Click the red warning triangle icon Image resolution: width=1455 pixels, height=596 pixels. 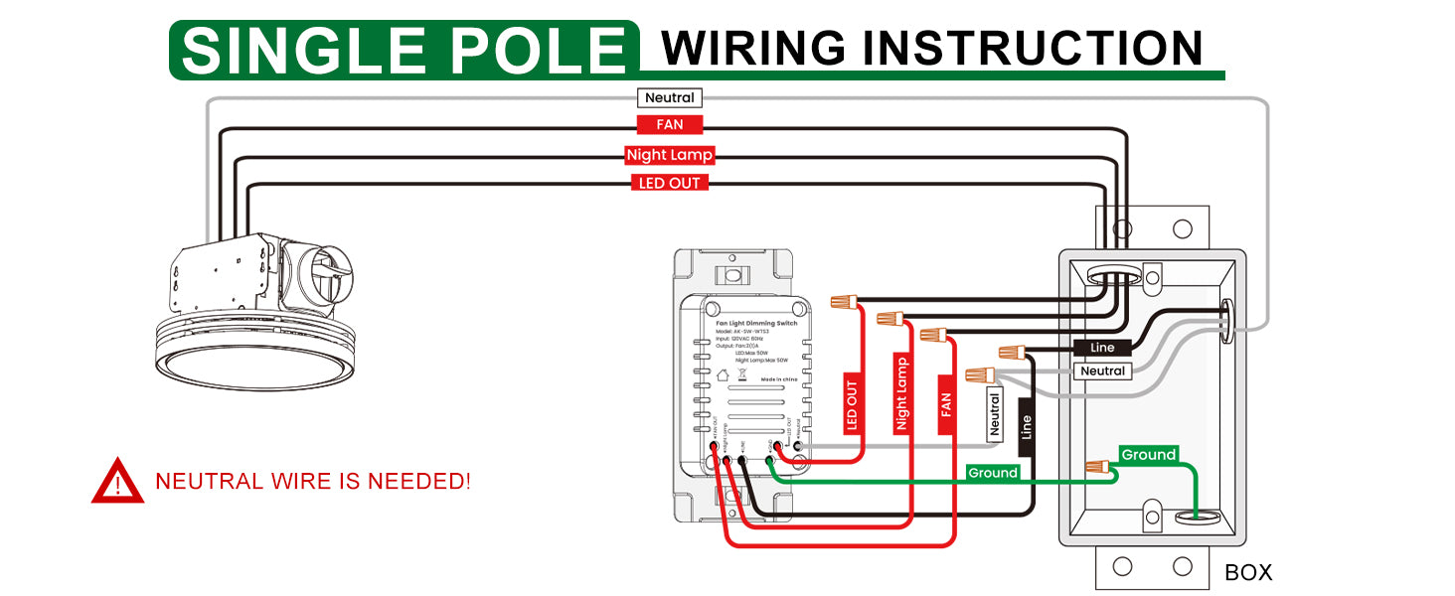click(x=117, y=481)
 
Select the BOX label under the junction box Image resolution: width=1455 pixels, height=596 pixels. click(x=1248, y=572)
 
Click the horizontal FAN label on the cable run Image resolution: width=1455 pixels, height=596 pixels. click(x=670, y=125)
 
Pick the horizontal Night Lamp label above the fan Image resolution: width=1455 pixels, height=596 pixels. click(x=670, y=155)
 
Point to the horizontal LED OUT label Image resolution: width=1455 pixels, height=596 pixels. click(x=670, y=183)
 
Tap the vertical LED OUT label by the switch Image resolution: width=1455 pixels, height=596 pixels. click(x=852, y=407)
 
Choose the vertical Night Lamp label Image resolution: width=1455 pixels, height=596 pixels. click(x=901, y=393)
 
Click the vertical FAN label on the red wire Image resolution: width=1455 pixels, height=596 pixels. click(x=946, y=404)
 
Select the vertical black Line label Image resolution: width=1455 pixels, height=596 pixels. click(x=1027, y=427)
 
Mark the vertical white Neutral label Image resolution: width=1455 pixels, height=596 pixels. click(x=993, y=416)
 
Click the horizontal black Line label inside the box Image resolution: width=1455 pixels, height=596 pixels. click(x=1102, y=348)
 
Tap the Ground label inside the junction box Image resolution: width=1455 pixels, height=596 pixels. click(x=1148, y=455)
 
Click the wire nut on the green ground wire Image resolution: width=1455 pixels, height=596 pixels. click(x=1097, y=466)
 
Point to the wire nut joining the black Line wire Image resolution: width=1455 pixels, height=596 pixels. click(x=1012, y=351)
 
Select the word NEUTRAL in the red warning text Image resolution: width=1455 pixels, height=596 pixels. click(x=209, y=482)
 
